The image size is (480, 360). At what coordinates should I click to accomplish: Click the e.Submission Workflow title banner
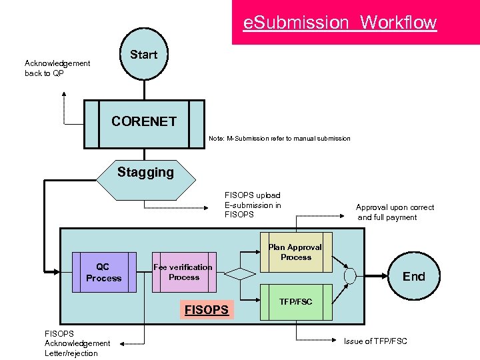tap(355, 23)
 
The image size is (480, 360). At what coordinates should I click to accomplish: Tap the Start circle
tap(143, 55)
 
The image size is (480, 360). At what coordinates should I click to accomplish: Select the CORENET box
tap(144, 123)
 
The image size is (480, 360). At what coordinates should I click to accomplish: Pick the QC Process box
tap(103, 273)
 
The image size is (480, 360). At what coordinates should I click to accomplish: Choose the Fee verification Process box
tap(183, 272)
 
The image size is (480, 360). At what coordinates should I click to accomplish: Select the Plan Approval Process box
tap(295, 252)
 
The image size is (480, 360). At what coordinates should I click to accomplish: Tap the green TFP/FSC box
tap(295, 302)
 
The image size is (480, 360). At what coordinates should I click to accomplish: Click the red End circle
tap(413, 276)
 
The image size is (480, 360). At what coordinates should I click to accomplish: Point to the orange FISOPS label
tap(206, 309)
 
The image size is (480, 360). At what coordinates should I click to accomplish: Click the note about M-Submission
tap(279, 138)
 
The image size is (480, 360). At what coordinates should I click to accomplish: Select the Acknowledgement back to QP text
tap(57, 68)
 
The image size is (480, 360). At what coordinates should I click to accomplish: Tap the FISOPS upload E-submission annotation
tap(253, 205)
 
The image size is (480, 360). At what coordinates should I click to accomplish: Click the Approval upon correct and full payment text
tap(395, 212)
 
